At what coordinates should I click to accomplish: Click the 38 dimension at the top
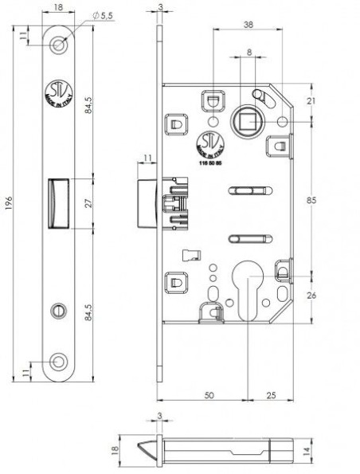[x=248, y=25]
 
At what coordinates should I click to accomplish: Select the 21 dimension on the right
[x=311, y=100]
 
